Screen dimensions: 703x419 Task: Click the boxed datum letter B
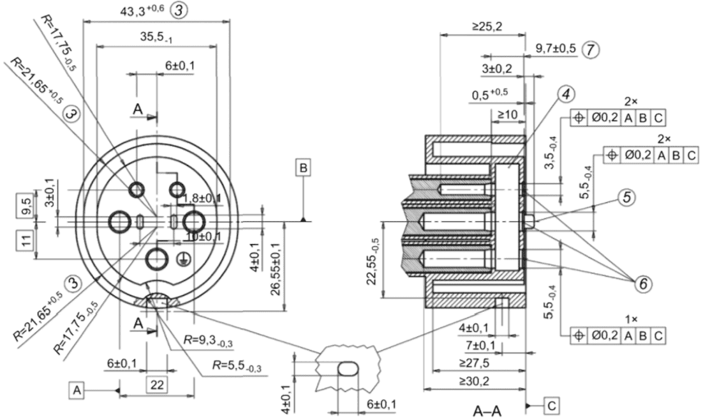[304, 167]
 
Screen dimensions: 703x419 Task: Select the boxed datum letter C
[551, 406]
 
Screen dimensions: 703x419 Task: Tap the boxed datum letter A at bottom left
[77, 390]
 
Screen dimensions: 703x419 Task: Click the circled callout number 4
[566, 94]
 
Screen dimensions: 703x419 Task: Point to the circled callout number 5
[627, 196]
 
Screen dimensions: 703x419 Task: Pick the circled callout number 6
[643, 284]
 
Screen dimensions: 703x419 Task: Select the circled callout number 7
[591, 49]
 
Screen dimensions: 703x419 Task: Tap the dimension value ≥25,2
[486, 26]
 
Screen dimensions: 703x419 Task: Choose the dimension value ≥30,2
[474, 381]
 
